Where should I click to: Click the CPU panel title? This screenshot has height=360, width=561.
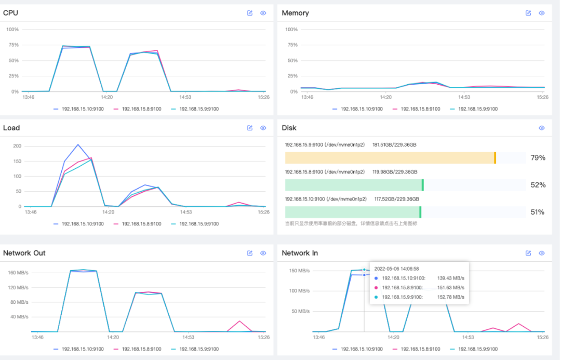pyautogui.click(x=10, y=13)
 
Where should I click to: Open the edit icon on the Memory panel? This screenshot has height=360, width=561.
pyautogui.click(x=528, y=13)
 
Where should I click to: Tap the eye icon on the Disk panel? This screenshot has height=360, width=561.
pyautogui.click(x=542, y=128)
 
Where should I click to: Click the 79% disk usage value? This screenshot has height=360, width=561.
pyautogui.click(x=538, y=158)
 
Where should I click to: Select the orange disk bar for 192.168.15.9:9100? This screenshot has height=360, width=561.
pyautogui.click(x=390, y=158)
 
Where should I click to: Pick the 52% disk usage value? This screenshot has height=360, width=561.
pyautogui.click(x=538, y=185)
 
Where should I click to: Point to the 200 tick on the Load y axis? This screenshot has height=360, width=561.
pyautogui.click(x=17, y=146)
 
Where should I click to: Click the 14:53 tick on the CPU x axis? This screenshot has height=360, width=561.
pyautogui.click(x=185, y=97)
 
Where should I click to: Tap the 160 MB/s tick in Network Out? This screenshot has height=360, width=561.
pyautogui.click(x=18, y=273)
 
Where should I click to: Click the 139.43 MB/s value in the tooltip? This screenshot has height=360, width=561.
pyautogui.click(x=450, y=278)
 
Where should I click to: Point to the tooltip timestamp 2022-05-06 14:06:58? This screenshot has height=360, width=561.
pyautogui.click(x=396, y=269)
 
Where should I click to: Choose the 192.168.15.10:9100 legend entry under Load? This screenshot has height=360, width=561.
pyautogui.click(x=79, y=224)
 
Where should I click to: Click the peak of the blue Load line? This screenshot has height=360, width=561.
pyautogui.click(x=78, y=144)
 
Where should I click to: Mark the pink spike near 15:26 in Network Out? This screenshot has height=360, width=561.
pyautogui.click(x=239, y=322)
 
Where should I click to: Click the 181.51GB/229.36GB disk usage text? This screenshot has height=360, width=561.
pyautogui.click(x=394, y=145)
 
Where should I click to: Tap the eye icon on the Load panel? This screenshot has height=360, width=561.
pyautogui.click(x=263, y=128)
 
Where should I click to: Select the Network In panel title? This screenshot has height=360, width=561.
pyautogui.click(x=300, y=253)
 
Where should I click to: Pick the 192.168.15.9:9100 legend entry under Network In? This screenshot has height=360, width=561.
pyautogui.click(x=474, y=349)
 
